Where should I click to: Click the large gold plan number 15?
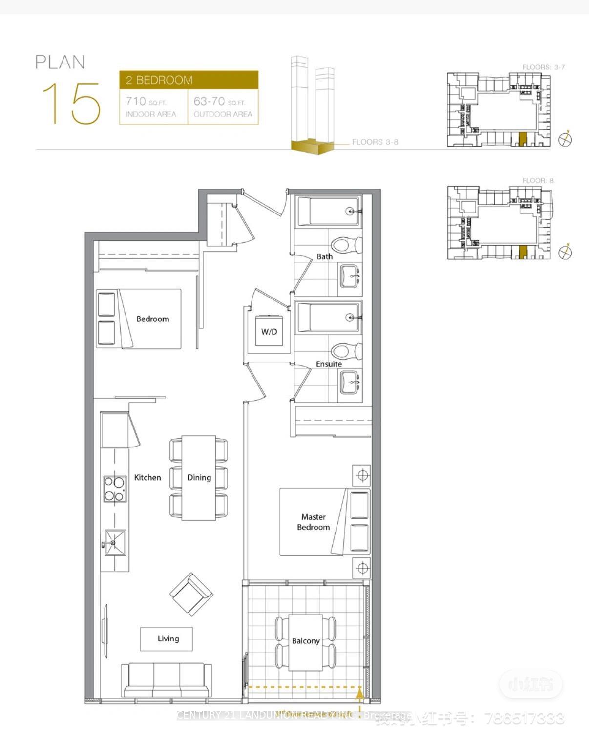click(72, 103)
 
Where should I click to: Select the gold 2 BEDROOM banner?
click(189, 80)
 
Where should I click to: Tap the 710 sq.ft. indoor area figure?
click(146, 101)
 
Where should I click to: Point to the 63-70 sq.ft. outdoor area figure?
click(219, 101)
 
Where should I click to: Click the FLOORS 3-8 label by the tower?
click(375, 142)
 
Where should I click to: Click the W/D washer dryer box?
click(269, 331)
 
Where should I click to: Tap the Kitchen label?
click(147, 477)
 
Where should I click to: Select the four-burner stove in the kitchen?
click(115, 489)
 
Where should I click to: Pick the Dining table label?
click(199, 477)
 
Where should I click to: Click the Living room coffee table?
click(167, 639)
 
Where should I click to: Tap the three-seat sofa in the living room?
click(167, 680)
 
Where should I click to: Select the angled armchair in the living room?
click(191, 594)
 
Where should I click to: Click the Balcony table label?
click(306, 641)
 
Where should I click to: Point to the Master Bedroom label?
click(313, 522)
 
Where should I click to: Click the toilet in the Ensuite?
click(345, 351)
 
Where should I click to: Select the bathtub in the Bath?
click(328, 211)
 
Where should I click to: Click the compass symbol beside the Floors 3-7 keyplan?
click(565, 139)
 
